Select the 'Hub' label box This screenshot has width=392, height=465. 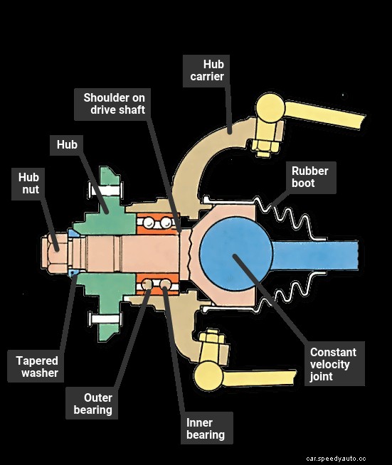coord(68,146)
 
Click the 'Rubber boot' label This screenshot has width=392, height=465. coord(310,176)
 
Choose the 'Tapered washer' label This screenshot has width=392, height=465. coord(37,367)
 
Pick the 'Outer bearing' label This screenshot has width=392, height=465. coord(93,404)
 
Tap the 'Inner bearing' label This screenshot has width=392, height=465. coord(206,429)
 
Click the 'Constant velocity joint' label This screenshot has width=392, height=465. coord(333,364)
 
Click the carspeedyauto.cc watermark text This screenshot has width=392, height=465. coord(336,459)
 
